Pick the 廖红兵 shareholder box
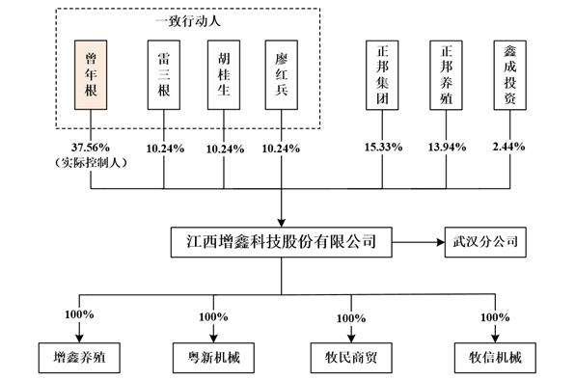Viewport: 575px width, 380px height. click(x=281, y=74)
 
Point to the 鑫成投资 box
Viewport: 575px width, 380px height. click(x=508, y=74)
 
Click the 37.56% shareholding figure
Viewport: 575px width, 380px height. click(x=91, y=147)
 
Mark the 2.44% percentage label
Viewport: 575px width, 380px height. click(x=508, y=147)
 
